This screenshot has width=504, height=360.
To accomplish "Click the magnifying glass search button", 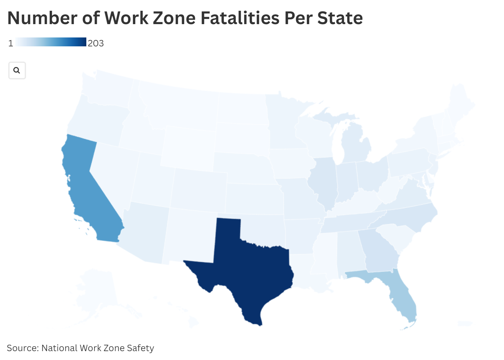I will click(17, 70).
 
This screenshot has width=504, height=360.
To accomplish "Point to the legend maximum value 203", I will click(96, 43).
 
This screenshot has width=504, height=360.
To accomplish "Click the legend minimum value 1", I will click(10, 43).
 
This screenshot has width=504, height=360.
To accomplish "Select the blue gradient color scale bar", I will click(51, 42).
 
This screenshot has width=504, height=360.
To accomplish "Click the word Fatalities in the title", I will click(240, 18).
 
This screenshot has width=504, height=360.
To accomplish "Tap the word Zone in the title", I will click(174, 18).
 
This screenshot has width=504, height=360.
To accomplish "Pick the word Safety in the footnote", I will click(140, 348).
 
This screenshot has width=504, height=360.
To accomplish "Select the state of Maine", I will click(460, 102).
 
